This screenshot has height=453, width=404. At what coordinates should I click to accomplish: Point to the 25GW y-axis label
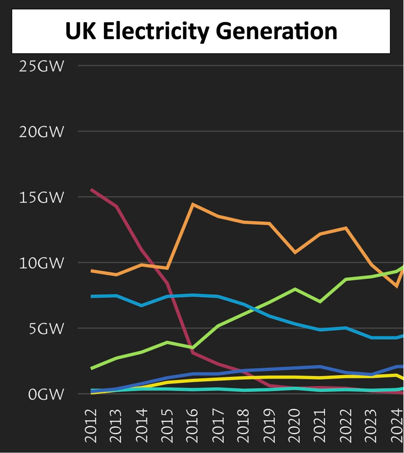42,66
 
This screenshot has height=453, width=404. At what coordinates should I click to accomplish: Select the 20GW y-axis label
42,132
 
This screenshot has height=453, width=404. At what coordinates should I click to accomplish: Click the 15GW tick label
42,198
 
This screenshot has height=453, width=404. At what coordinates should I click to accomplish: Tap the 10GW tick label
42,263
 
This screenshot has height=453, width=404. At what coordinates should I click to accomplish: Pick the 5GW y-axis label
46,329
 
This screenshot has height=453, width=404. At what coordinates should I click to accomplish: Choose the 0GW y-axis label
46,394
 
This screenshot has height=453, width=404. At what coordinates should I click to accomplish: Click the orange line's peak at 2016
193,204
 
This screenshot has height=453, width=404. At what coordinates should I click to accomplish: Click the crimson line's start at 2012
91,189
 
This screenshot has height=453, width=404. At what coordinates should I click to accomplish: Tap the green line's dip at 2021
320,302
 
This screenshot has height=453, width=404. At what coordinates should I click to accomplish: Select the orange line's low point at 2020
295,253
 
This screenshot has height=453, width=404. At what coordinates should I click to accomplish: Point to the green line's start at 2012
91,369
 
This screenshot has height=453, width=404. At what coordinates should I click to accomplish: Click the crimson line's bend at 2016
193,352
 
